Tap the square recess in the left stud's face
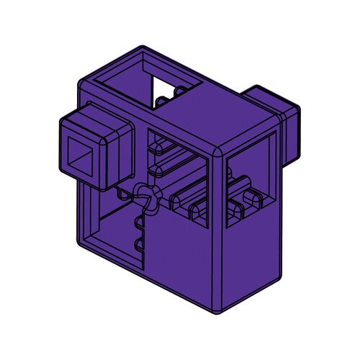point(86,152)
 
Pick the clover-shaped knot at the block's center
point(145,197)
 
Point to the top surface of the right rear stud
point(266,92)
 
